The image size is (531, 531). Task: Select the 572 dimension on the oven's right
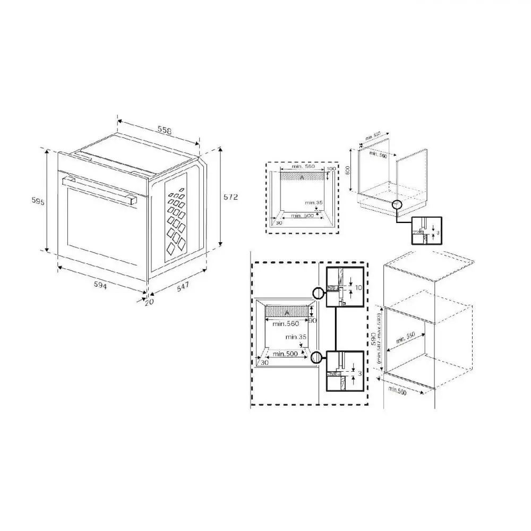click(230, 196)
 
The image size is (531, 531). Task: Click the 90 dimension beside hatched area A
click(313, 320)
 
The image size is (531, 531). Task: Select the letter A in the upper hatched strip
click(302, 177)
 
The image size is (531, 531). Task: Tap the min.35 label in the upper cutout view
click(314, 202)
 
